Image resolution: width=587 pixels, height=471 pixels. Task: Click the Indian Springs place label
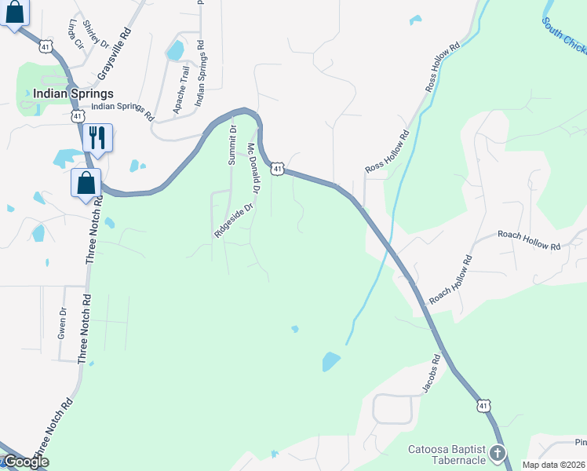point(73,93)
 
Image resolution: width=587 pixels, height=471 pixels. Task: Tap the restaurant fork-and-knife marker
point(97,137)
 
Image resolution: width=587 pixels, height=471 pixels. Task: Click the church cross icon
point(496,453)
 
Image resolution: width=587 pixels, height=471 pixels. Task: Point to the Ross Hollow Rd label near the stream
point(388,152)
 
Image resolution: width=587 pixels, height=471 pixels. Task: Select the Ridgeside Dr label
point(234,221)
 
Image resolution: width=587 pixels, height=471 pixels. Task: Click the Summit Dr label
point(232,147)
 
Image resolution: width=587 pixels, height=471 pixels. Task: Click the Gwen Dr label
point(63,323)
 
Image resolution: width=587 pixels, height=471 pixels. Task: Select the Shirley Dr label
point(96,33)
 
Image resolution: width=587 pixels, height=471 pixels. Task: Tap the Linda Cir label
point(75,33)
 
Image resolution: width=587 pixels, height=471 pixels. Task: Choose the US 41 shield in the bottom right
point(483,405)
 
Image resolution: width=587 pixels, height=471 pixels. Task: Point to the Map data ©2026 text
point(553,465)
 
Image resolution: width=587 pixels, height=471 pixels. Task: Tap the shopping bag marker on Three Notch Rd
point(86,183)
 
